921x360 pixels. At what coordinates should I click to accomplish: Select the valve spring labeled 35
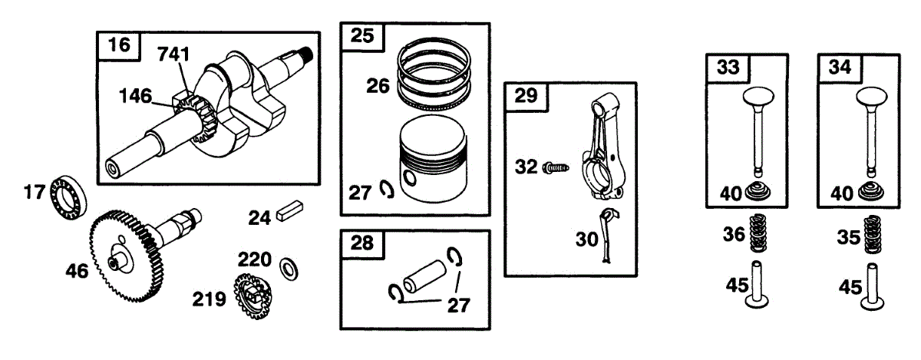[870, 235]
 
